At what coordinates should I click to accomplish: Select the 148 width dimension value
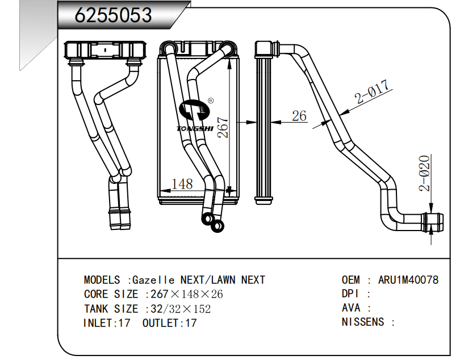182,184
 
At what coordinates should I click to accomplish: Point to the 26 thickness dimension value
299,116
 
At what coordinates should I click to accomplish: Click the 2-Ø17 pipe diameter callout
373,93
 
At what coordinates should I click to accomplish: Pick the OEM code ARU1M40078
408,280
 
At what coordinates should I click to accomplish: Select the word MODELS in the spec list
102,280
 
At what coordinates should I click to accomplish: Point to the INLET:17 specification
107,323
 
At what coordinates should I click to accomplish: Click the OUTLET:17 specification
170,323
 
